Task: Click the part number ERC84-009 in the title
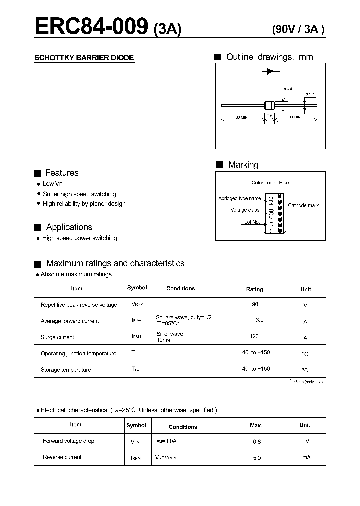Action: pos(91,26)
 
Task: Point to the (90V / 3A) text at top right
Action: pos(298,29)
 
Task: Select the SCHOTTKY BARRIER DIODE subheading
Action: pos(84,58)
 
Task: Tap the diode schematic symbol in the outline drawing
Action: pos(270,72)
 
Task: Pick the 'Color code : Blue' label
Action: pos(270,183)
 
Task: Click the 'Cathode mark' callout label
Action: pos(303,205)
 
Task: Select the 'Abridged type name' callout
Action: pos(239,198)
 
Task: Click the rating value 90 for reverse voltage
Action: pos(255,304)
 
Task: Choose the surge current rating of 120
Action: pos(254,336)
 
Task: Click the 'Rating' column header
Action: pos(254,289)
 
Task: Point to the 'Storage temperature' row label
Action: pos(66,370)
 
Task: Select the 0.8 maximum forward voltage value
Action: pos(257,442)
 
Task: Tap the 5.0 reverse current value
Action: pos(257,458)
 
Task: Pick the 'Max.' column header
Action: pos(256,425)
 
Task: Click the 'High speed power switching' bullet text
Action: pos(80,238)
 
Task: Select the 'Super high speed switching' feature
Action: pos(79,194)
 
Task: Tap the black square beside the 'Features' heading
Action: pos(37,173)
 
